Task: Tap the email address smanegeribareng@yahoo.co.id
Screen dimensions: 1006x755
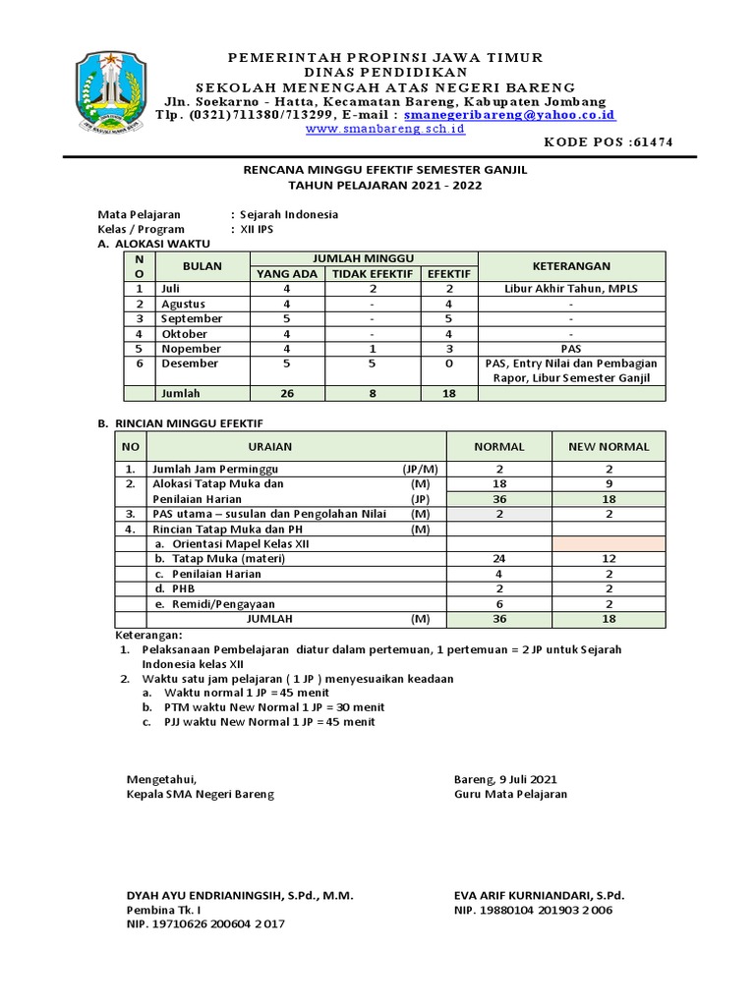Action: [x=510, y=115]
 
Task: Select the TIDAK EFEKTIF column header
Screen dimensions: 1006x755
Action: [x=372, y=274]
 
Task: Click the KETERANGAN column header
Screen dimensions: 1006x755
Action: [x=571, y=266]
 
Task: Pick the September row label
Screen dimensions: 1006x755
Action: [x=192, y=319]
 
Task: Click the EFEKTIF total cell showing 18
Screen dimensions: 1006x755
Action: [x=449, y=393]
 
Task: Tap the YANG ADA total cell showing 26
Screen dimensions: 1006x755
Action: [x=286, y=393]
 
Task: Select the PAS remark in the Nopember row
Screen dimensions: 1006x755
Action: [x=571, y=349]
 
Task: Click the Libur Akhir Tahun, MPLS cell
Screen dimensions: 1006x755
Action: [x=571, y=289]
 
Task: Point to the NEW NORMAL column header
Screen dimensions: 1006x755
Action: [x=609, y=446]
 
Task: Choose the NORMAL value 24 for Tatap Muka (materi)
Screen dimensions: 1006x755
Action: [x=498, y=559]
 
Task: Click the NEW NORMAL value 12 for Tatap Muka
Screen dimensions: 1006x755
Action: [x=609, y=559]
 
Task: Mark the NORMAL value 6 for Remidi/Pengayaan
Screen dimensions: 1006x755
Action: [x=498, y=604]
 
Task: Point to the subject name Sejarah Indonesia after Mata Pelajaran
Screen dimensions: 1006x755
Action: [x=290, y=214]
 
